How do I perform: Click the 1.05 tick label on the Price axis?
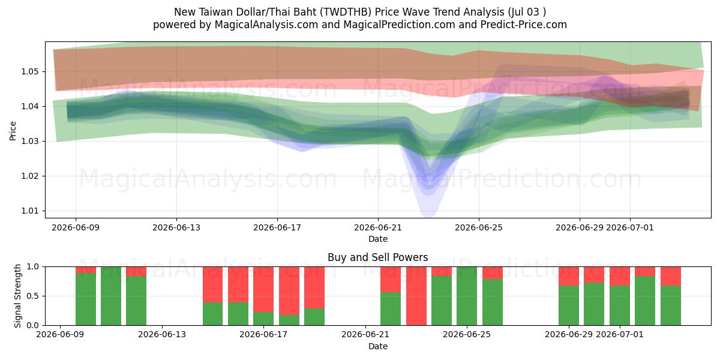(29, 71)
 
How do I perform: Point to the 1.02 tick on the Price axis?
(29, 176)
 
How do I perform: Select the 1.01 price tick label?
(29, 211)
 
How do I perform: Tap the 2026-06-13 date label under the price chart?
(176, 227)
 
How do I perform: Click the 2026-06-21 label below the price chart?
(378, 227)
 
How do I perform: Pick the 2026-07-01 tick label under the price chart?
(630, 227)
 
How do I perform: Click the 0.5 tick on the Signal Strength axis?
(32, 296)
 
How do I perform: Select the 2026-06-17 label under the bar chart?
(263, 334)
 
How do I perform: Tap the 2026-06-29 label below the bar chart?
(569, 334)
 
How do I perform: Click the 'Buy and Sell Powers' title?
(377, 257)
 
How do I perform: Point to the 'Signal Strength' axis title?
(17, 296)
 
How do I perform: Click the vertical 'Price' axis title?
(13, 131)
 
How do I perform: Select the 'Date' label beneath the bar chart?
(378, 346)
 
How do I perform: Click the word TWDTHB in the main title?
(346, 12)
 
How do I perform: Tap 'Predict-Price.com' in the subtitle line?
(524, 25)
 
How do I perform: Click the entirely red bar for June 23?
(416, 296)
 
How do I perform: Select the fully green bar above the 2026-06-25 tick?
(467, 296)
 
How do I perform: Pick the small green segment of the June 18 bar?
(289, 320)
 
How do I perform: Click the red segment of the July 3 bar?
(671, 276)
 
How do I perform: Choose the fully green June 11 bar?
(111, 296)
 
